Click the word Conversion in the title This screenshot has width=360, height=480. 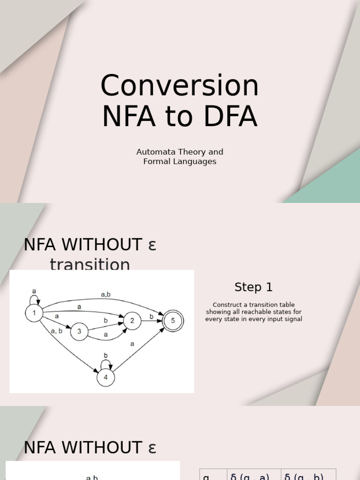180,86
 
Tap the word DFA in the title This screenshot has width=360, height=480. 231,117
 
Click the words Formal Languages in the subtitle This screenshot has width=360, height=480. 180,161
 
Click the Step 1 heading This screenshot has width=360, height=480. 254,287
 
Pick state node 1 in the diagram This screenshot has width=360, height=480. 34,313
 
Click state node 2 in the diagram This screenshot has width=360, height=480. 132,321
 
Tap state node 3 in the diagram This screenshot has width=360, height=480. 79,331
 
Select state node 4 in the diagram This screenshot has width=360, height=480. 105,377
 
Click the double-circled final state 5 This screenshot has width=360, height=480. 173,321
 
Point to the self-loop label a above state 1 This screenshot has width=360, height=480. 34,291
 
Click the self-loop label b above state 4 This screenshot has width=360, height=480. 105,355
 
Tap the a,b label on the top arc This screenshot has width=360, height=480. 105,294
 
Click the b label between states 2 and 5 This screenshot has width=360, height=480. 151,316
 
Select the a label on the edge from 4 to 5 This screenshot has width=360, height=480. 132,344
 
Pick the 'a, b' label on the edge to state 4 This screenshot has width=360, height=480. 57,330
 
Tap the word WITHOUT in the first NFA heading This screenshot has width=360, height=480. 102,245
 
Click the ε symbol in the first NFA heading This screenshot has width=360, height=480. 152,245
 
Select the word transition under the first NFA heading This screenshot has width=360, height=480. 90,265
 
